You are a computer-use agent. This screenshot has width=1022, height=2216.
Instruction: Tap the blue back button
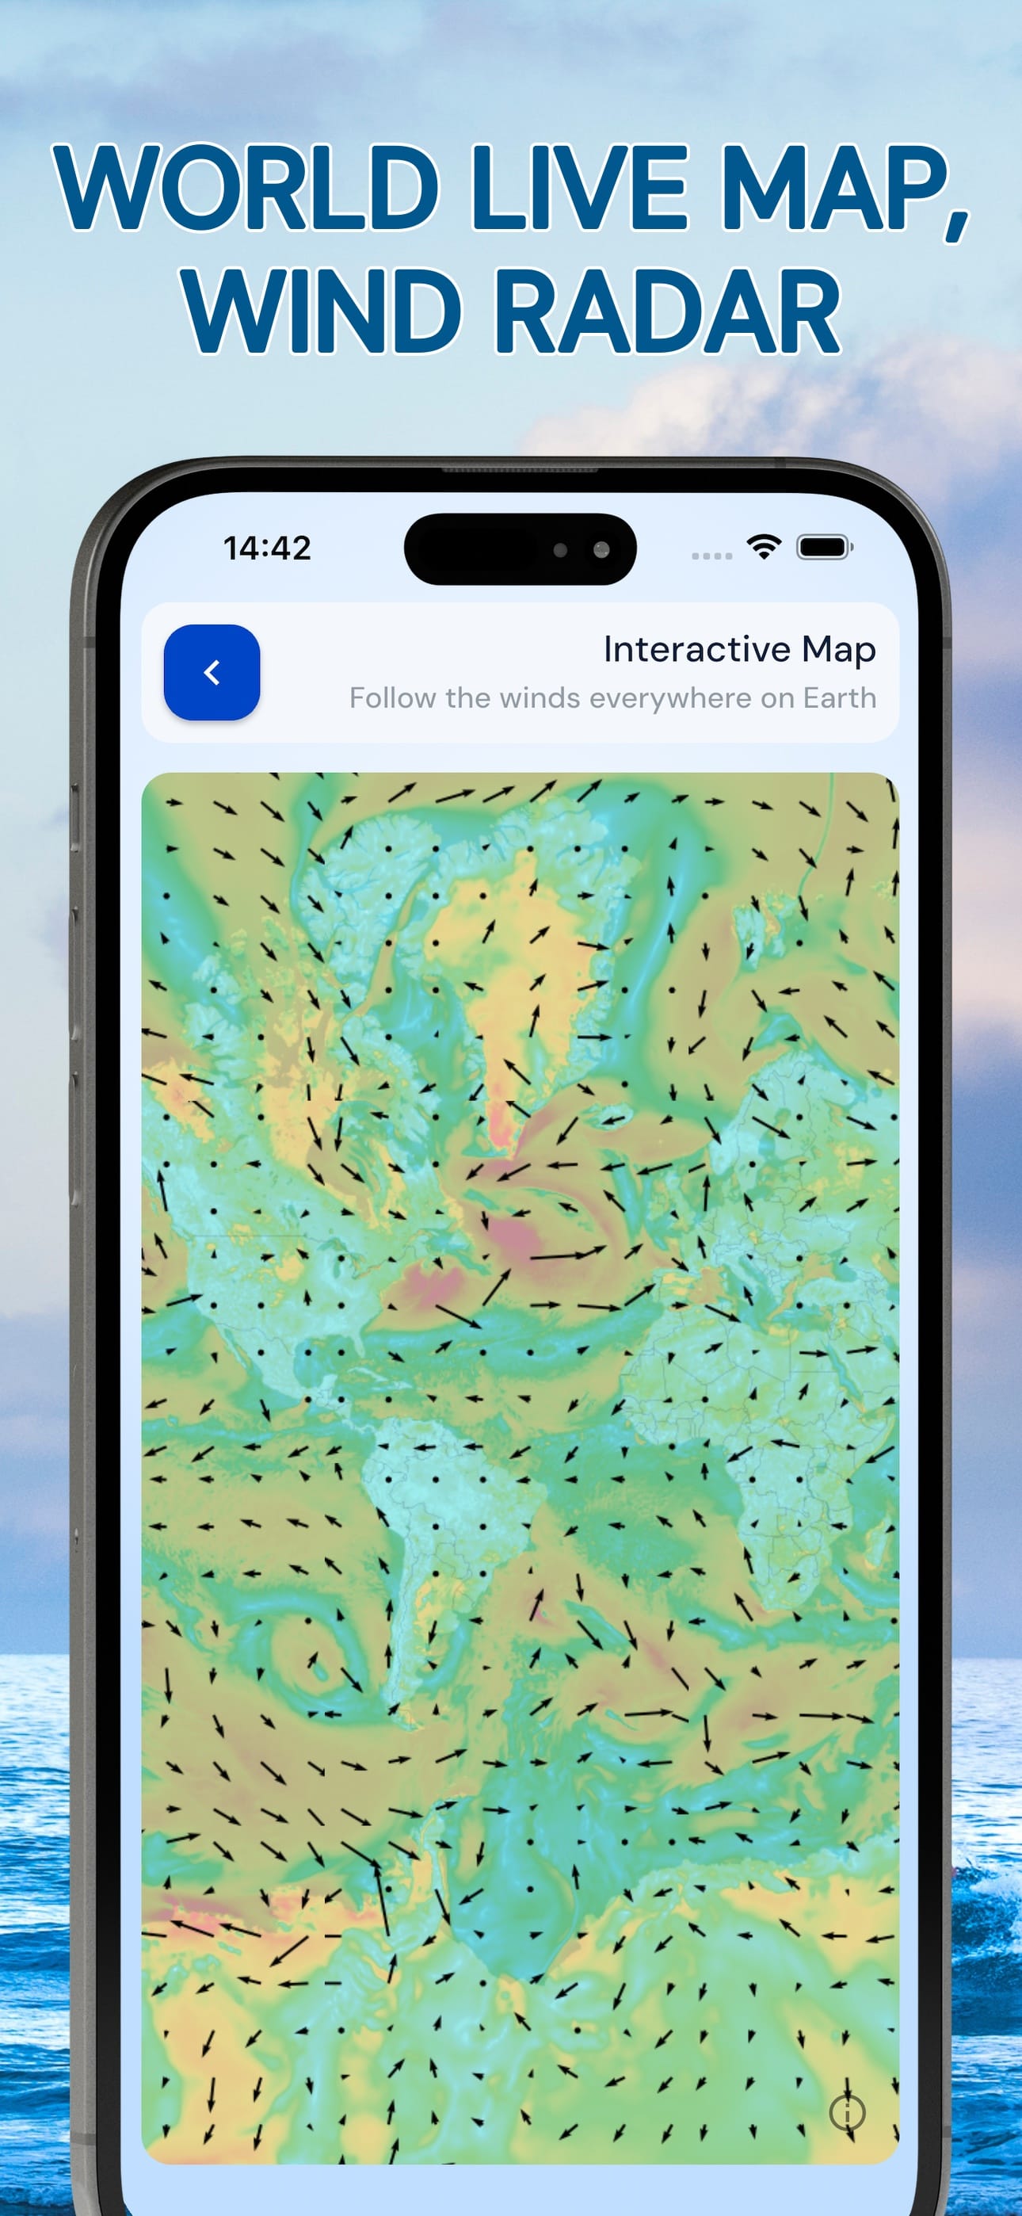point(212,672)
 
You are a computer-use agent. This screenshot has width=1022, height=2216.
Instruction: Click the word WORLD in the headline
point(246,188)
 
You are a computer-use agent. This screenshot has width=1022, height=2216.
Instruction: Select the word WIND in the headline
point(322,311)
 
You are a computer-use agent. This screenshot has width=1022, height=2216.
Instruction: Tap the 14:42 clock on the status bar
point(267,548)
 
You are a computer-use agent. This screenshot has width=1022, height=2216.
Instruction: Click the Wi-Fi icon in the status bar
point(763,545)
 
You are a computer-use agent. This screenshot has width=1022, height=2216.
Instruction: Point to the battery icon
point(824,546)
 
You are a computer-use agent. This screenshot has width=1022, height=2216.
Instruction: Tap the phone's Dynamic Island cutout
point(520,548)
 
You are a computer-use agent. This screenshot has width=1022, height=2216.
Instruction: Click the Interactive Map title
point(739,648)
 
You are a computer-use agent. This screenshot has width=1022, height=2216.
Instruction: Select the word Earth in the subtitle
point(839,697)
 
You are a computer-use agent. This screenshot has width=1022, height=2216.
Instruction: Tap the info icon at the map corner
point(848,2111)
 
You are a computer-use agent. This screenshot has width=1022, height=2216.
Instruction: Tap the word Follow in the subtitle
point(392,697)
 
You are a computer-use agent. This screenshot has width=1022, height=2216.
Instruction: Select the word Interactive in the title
point(696,648)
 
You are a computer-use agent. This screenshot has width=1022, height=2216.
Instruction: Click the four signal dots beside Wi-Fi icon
point(711,556)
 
